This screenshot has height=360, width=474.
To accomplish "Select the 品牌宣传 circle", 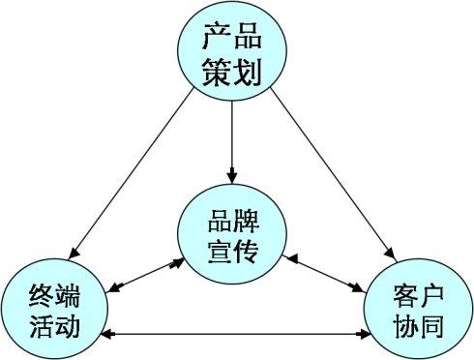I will click(x=232, y=233).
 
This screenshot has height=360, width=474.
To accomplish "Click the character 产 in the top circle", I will click(x=217, y=38).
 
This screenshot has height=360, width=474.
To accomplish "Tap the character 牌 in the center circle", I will click(x=249, y=218).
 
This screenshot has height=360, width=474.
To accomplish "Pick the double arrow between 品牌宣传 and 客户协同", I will click(x=324, y=273).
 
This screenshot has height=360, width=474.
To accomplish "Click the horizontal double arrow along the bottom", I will click(x=237, y=335).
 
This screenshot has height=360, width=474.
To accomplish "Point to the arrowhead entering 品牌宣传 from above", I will click(x=232, y=175).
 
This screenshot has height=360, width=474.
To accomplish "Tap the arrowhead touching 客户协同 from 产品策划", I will click(x=389, y=251).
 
